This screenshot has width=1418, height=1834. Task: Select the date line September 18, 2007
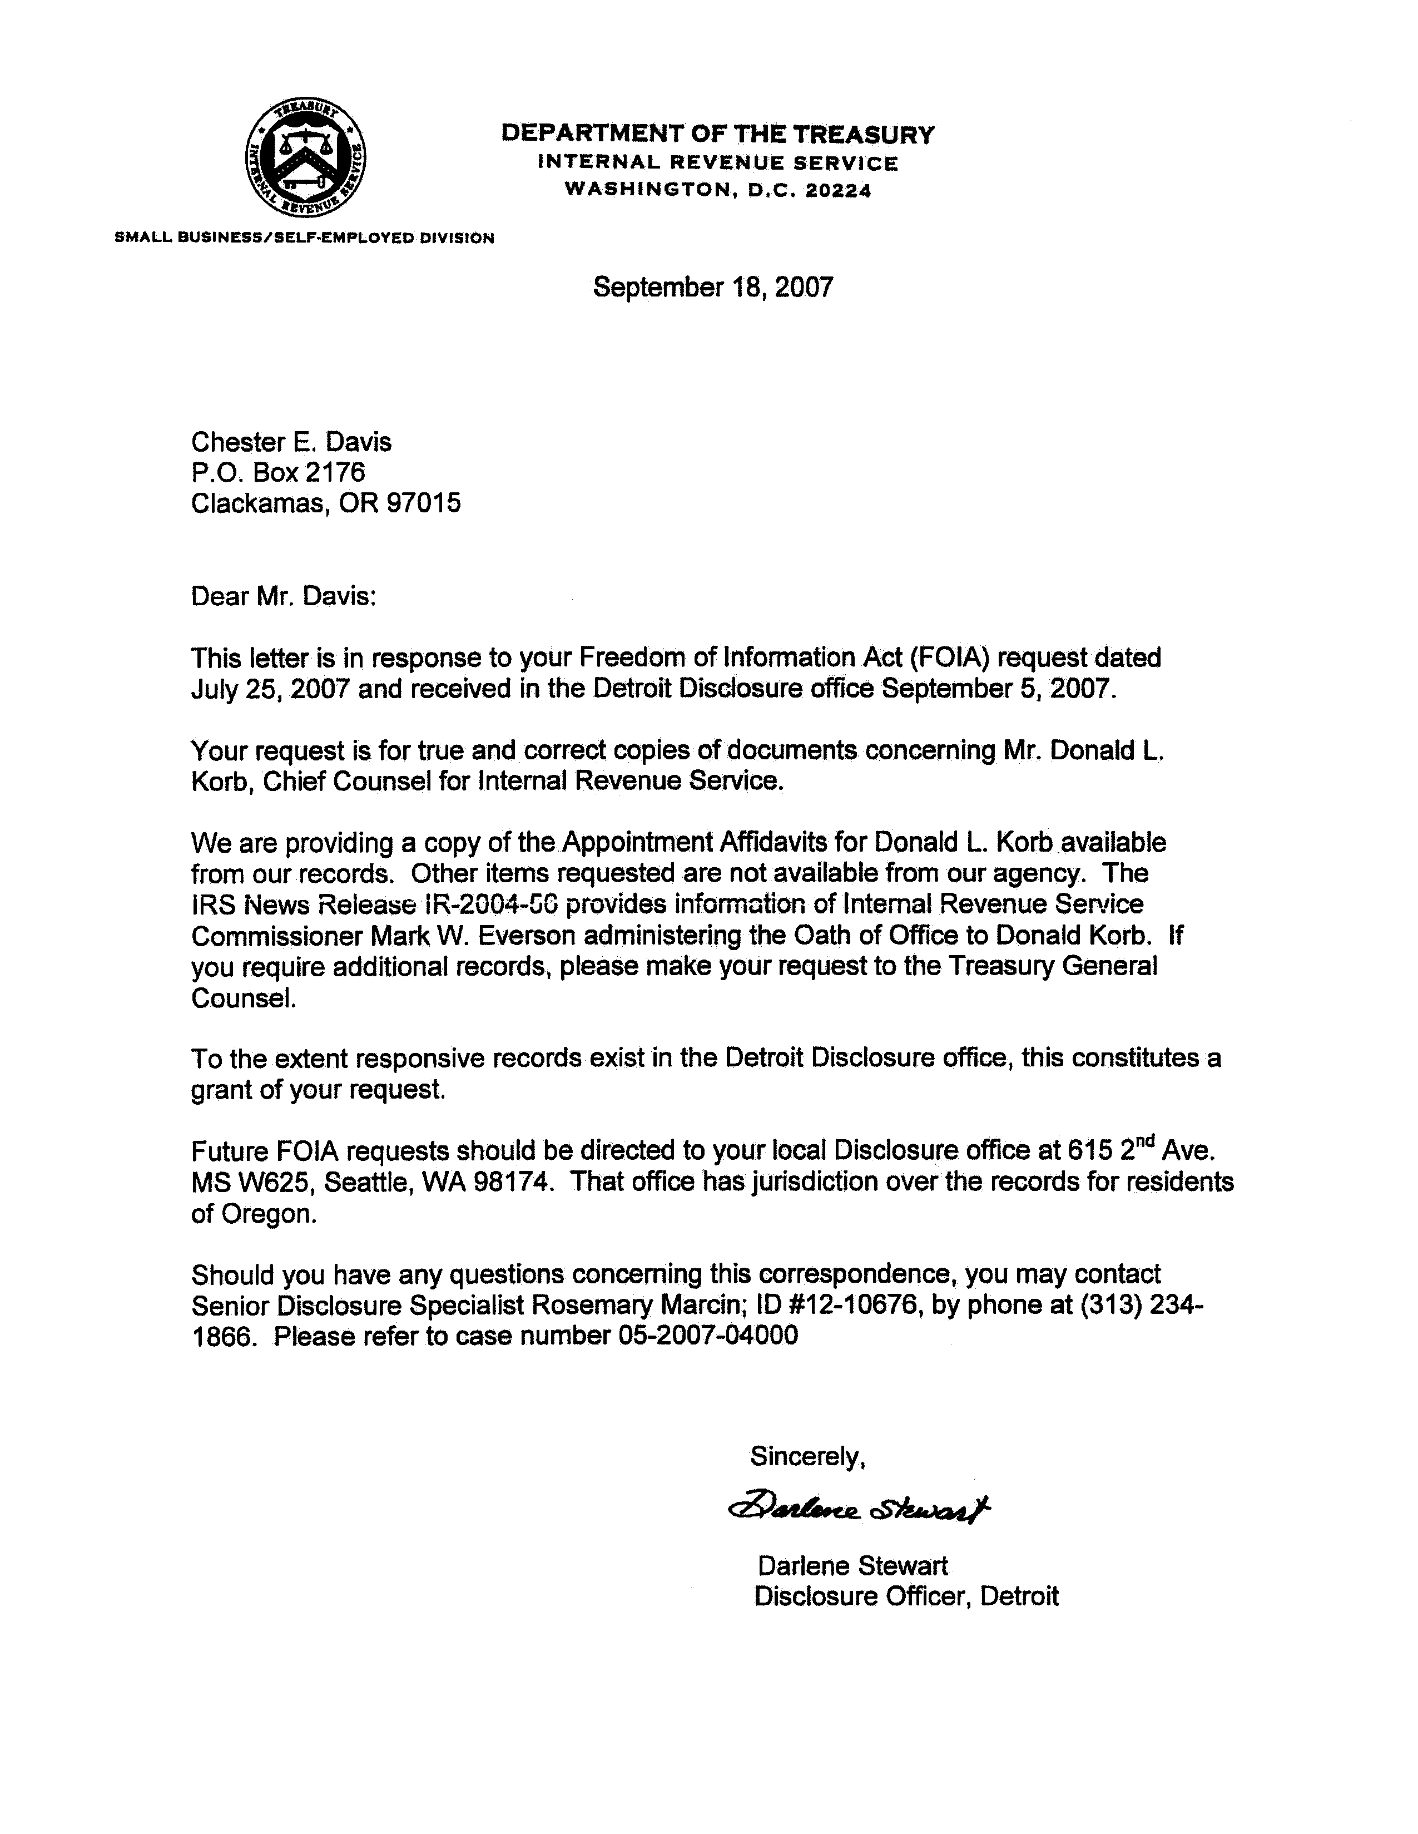coord(713,287)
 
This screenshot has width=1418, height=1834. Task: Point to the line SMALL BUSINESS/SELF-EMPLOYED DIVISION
coord(304,238)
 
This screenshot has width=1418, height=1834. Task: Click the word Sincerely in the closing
coord(804,1456)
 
